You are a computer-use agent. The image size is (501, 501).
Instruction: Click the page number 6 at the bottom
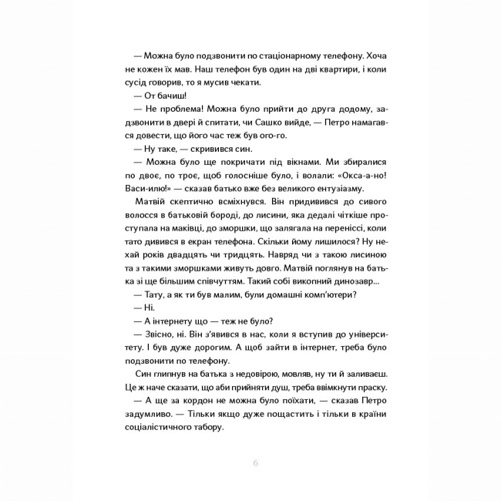click(255, 462)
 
